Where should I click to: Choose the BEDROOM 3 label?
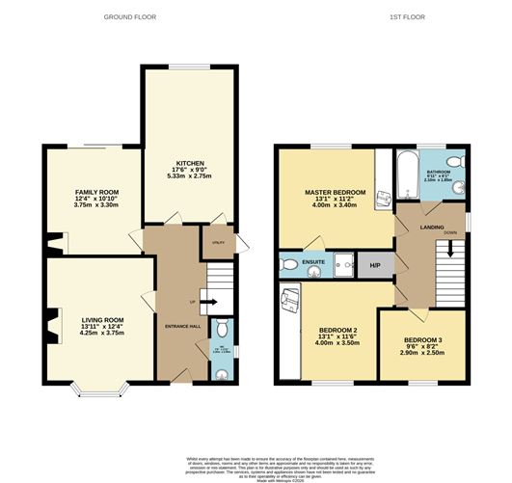(x=422, y=342)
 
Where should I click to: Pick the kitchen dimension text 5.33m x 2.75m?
(x=187, y=176)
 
